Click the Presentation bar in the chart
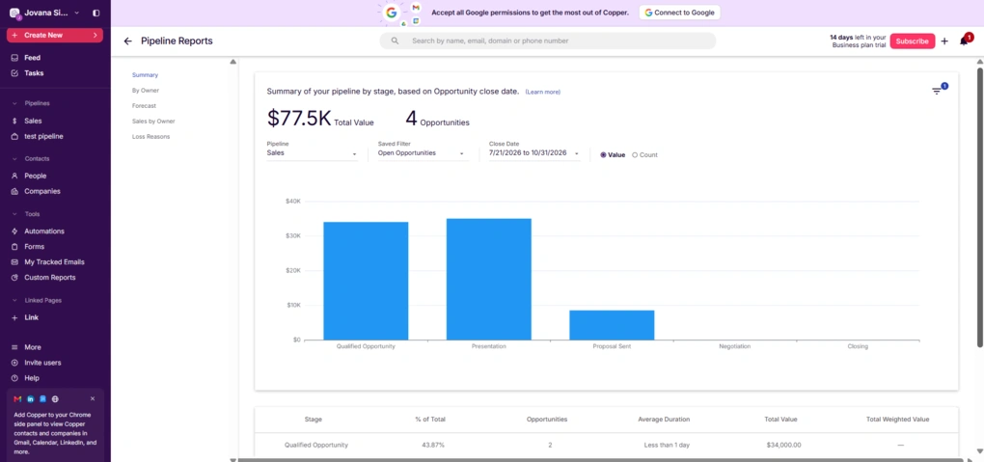pos(489,280)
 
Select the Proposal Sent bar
pos(612,325)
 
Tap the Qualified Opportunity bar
pos(366,281)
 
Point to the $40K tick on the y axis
pos(293,201)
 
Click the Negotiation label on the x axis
pos(734,346)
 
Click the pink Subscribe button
pos(912,41)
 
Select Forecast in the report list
pos(144,106)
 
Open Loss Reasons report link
pos(150,137)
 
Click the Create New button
pos(55,35)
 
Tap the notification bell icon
pos(965,41)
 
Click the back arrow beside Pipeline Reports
pos(128,41)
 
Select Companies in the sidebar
pos(42,191)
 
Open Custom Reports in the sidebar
pos(49,278)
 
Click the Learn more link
pos(543,93)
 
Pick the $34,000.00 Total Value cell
pos(783,445)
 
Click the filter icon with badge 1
pos(937,91)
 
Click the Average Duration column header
pos(664,420)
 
